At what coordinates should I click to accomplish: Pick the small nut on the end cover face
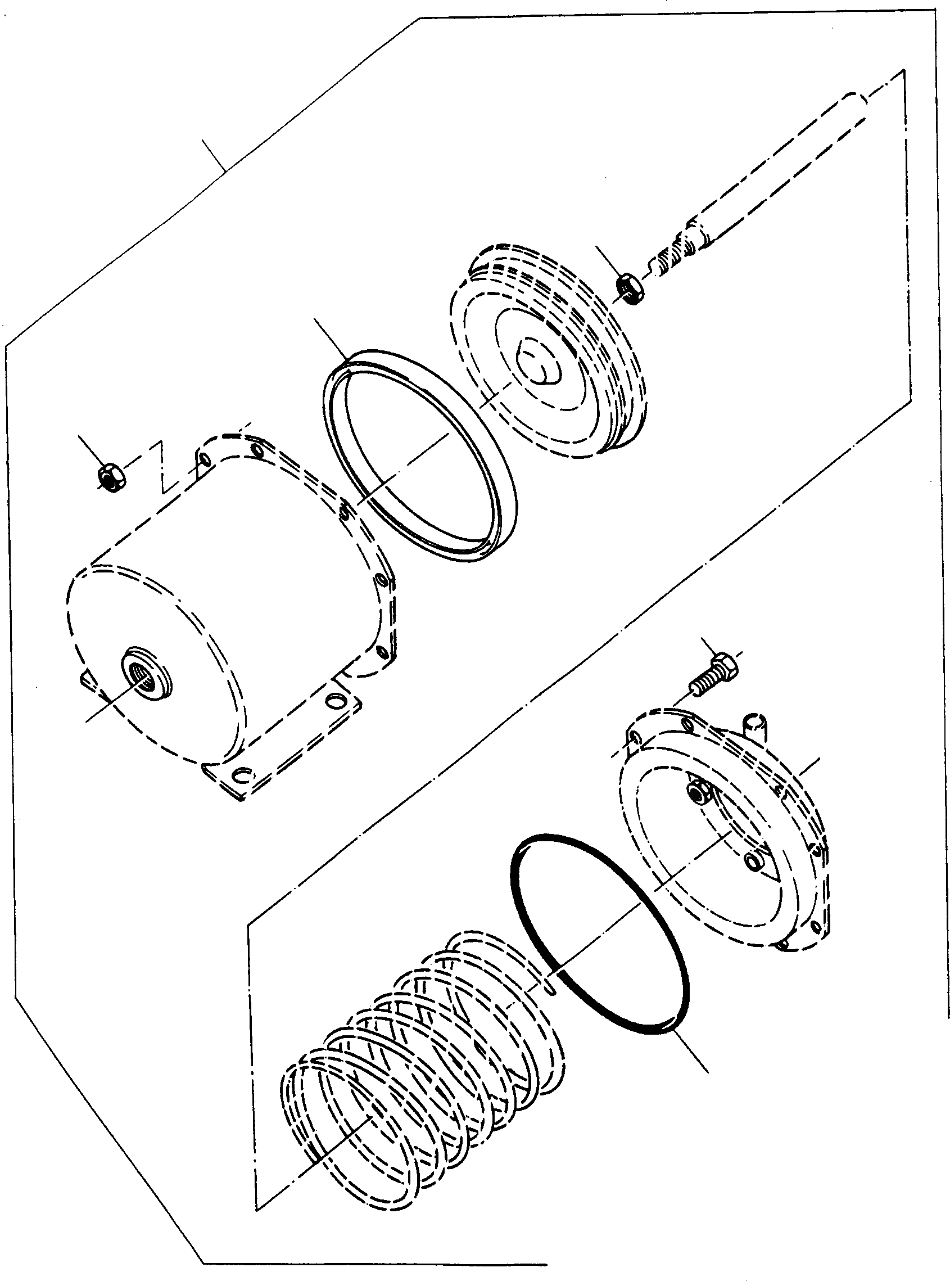tap(699, 797)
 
